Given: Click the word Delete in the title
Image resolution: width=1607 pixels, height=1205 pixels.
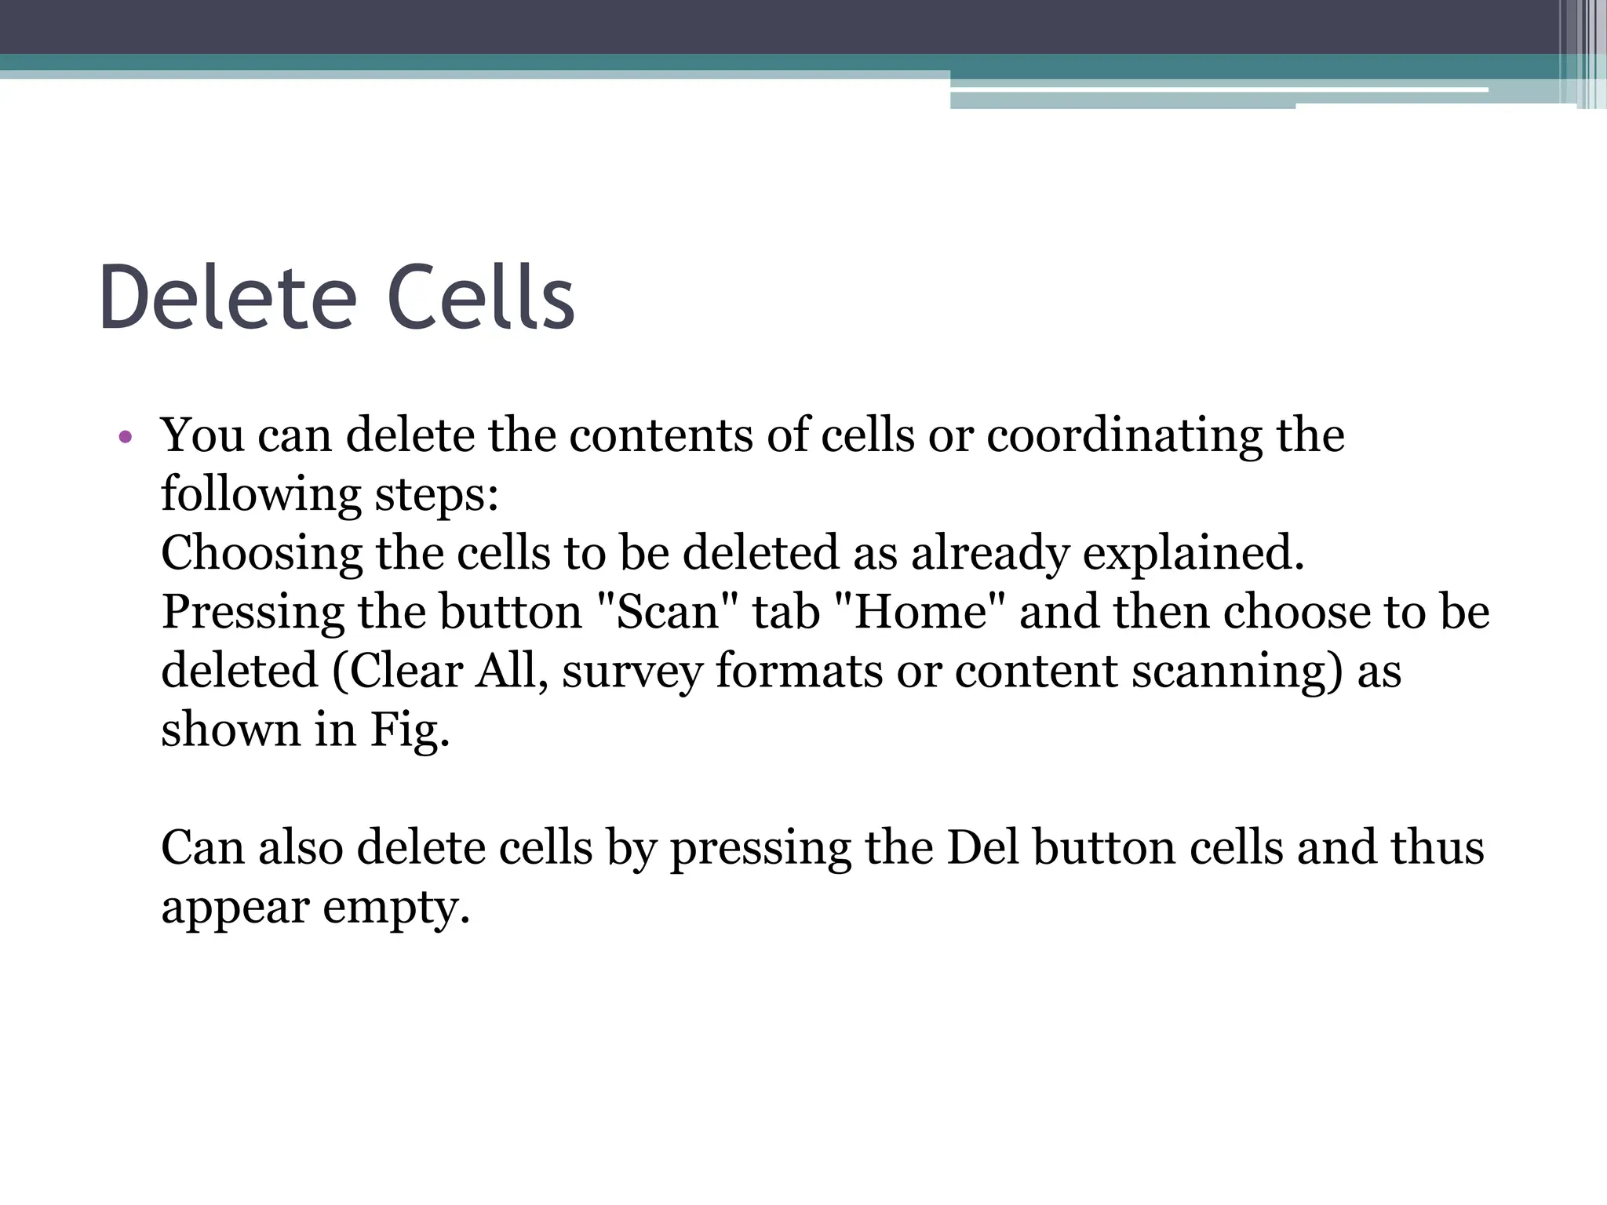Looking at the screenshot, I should [x=228, y=298].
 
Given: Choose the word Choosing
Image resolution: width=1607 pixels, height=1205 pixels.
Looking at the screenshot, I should [x=261, y=554].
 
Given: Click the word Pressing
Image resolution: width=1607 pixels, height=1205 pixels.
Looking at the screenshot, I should [x=253, y=613].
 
